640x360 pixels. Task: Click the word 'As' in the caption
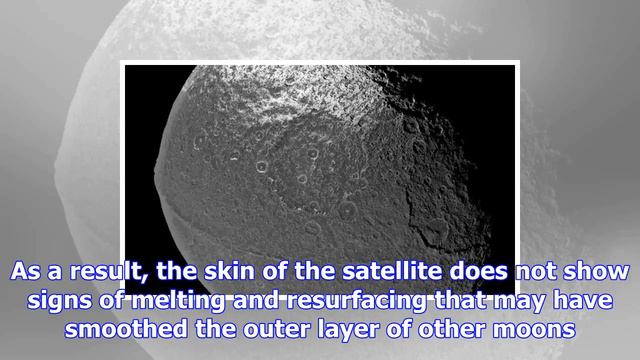tap(28, 272)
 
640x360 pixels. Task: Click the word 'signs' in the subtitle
tap(56, 301)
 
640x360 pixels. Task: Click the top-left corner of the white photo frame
tap(123, 63)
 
